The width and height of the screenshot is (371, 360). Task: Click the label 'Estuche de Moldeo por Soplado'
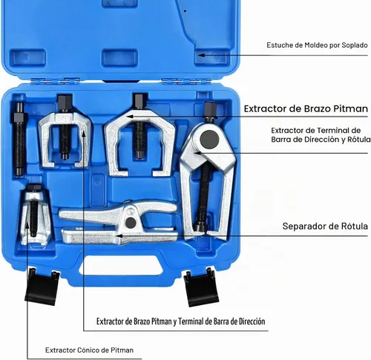[x=317, y=45]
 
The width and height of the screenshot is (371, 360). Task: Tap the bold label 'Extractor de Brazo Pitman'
[x=306, y=108]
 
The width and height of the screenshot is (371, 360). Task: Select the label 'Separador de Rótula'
[x=325, y=226]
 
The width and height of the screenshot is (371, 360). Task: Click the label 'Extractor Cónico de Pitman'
[x=89, y=350]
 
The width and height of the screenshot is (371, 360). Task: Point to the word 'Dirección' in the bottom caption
[x=252, y=321]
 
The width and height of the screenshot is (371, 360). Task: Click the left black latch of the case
[x=42, y=287]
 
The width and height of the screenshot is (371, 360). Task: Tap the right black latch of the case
[x=201, y=287]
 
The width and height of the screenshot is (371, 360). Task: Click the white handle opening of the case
[x=121, y=266]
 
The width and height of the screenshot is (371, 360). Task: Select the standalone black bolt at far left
[x=19, y=139]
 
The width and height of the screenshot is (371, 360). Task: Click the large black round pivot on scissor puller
[x=209, y=140]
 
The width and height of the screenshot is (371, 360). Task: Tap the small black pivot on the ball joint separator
[x=131, y=223]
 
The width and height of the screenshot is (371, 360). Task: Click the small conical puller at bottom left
[x=35, y=215]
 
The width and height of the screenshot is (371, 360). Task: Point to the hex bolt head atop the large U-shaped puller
[x=140, y=101]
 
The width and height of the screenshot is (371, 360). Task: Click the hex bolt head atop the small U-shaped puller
[x=65, y=102]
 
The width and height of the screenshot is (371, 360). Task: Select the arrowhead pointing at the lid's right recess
[x=201, y=55]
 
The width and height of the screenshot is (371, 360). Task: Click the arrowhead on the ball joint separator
[x=119, y=235]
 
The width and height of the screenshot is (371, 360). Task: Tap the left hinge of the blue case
[x=55, y=81]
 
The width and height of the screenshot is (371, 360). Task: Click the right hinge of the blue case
[x=186, y=81]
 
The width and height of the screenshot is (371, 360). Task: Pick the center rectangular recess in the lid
[x=119, y=58]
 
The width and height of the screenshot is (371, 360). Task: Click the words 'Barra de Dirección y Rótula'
[x=321, y=140]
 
